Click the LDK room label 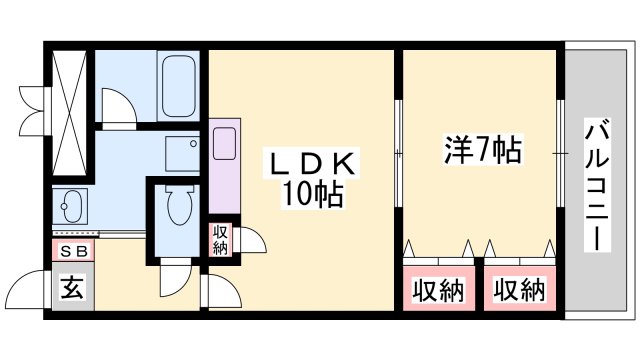(x=310, y=163)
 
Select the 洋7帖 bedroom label (x=481, y=153)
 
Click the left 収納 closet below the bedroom (x=440, y=291)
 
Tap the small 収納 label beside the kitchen (x=220, y=240)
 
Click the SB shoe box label (x=72, y=251)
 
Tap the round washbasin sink (x=71, y=210)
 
